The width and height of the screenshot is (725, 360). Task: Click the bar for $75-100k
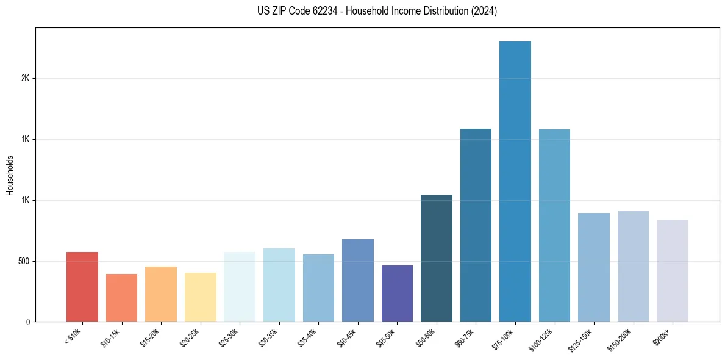(515, 181)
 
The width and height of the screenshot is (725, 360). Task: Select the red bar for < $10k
(82, 287)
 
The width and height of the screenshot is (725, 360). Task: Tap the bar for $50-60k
(437, 258)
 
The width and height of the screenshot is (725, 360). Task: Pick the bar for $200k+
(673, 270)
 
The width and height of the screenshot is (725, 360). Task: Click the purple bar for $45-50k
(397, 293)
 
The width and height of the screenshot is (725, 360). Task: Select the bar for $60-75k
(476, 225)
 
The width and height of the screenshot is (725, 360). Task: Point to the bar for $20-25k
(201, 297)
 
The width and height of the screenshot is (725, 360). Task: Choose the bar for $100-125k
(554, 225)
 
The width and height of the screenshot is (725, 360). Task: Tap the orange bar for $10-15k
(121, 298)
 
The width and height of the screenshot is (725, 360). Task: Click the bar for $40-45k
(358, 280)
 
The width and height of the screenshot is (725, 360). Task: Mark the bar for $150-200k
(633, 266)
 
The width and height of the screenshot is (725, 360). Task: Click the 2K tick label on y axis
(25, 79)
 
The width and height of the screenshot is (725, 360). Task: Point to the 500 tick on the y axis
(24, 261)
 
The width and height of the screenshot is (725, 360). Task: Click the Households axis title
(10, 175)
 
